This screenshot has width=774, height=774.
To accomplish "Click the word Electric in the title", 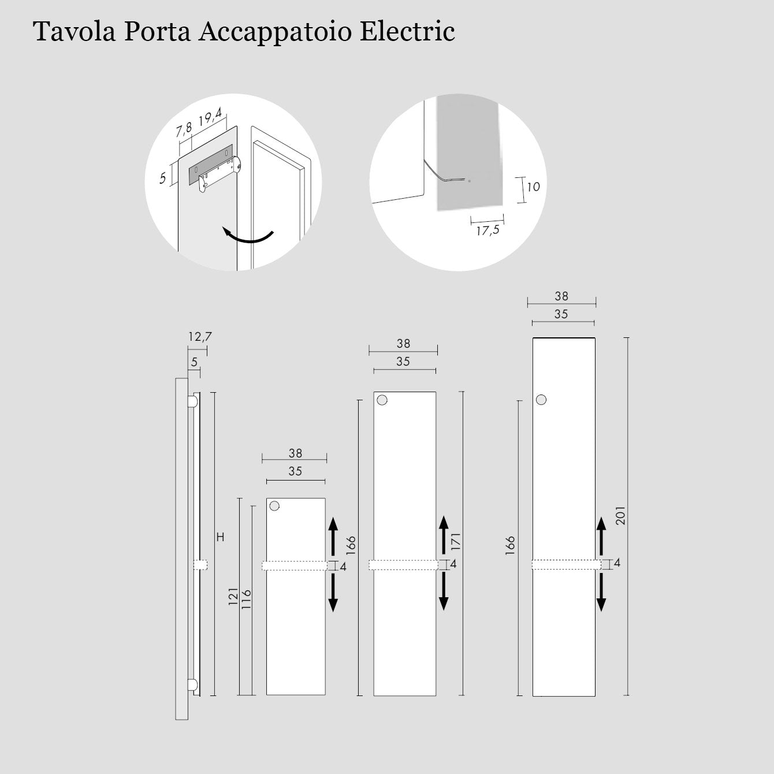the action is (407, 31).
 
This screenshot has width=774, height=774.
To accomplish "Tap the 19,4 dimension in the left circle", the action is (210, 117).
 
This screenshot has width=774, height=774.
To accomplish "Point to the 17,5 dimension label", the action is (488, 230).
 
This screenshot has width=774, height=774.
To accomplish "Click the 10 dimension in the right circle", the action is (533, 187).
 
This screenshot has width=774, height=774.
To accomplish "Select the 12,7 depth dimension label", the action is (200, 337).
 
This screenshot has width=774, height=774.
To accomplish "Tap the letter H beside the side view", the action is (220, 537).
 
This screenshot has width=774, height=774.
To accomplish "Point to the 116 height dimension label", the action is (246, 600).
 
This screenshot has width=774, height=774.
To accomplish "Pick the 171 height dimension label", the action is (456, 541).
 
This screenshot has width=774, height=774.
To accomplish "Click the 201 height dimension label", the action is (620, 515).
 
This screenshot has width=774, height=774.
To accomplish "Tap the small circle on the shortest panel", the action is (274, 505).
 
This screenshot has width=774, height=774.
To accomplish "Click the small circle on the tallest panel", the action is (541, 400).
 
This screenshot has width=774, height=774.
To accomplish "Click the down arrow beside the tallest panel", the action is (601, 593).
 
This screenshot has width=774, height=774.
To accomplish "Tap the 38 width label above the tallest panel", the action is (561, 296).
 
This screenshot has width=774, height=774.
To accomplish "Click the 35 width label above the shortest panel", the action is (295, 471).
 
